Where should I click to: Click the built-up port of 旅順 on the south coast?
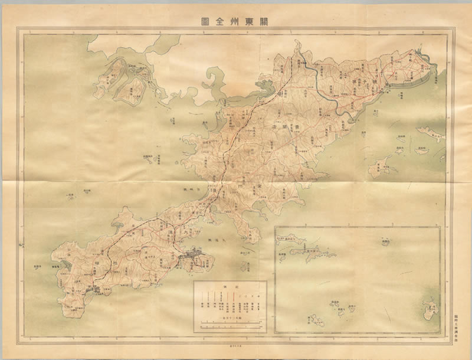click(x=94, y=289)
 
